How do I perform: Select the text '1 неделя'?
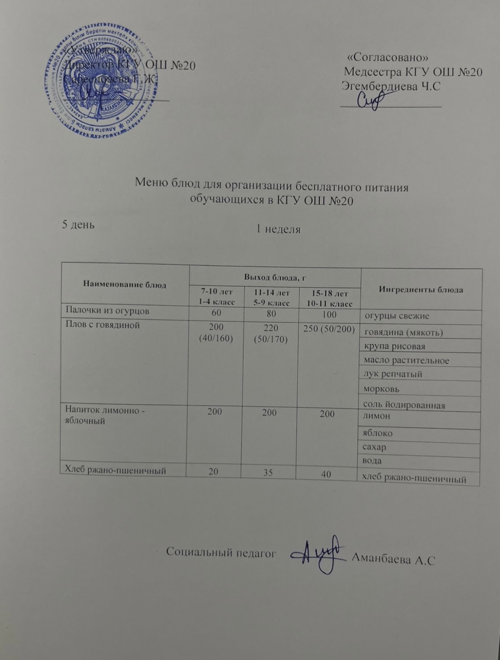[278, 229]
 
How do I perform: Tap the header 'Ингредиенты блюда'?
[421, 289]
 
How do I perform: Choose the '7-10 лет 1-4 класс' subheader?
[216, 297]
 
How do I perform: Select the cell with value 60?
[216, 312]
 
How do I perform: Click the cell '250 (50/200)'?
[329, 329]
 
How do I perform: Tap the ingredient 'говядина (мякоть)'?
[404, 332]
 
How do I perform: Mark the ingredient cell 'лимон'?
[377, 416]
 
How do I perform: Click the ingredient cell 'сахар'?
[375, 447]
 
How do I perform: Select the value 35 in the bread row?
[268, 473]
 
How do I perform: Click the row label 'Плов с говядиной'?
[102, 325]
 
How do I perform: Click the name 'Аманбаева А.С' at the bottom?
[395, 559]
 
